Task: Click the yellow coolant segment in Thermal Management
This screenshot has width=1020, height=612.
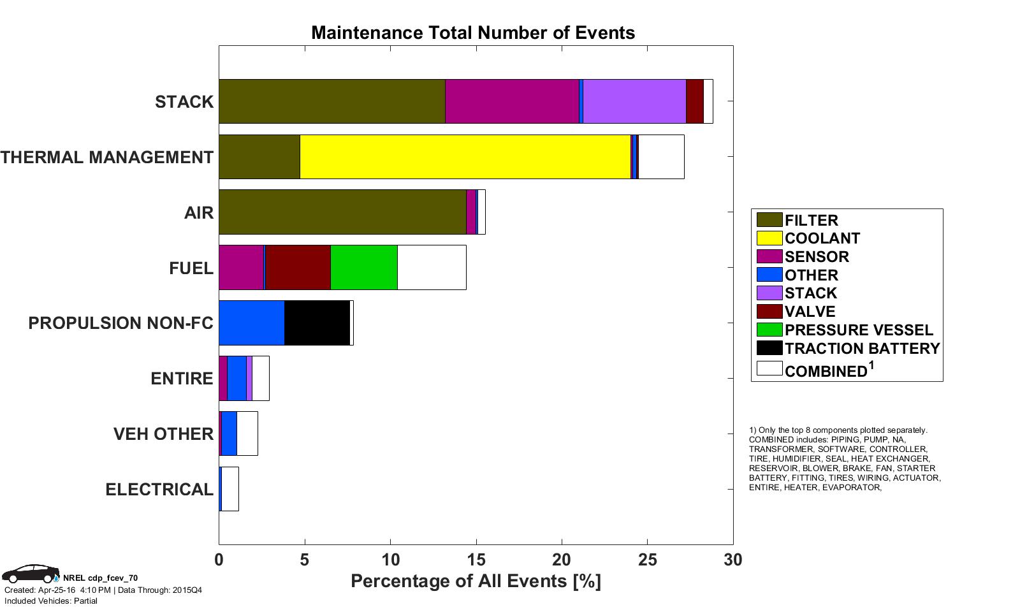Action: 465,157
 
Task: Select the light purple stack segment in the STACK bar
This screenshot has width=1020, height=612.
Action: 634,101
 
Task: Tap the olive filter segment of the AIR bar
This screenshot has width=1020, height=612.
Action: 342,212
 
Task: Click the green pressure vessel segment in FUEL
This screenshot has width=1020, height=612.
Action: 363,268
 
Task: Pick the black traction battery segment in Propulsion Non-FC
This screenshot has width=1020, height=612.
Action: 317,323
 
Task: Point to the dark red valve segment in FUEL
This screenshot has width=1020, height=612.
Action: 298,268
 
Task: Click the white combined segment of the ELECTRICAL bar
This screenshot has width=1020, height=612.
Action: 230,489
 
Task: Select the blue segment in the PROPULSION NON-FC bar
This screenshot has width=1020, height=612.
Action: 252,323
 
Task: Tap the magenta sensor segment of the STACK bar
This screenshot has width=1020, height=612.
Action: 512,101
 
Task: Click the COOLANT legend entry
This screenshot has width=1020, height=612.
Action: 822,238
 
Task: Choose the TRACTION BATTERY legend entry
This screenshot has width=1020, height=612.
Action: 862,349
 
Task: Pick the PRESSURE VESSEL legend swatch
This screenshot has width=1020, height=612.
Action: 769,330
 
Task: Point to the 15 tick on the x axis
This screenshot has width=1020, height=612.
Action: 476,560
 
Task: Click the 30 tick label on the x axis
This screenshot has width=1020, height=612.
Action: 733,560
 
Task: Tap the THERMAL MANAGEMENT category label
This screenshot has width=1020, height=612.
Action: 107,157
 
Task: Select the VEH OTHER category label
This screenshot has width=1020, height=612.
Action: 163,434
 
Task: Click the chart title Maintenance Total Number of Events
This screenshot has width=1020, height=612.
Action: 473,33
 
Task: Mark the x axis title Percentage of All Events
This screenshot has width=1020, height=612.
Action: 476,581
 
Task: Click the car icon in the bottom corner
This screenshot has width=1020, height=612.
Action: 31,574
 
